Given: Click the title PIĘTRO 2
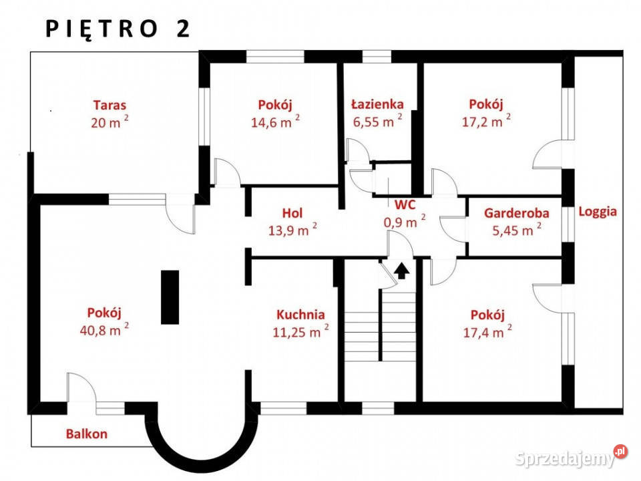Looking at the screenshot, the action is tap(118, 29).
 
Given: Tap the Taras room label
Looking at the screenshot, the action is tap(110, 105).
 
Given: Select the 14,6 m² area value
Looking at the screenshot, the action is tap(275, 121).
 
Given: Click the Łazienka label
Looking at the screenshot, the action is tap(378, 104).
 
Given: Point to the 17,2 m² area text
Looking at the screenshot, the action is tap(486, 121).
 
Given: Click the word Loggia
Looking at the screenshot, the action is tap(598, 212).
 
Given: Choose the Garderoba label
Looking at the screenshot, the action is tap(517, 213).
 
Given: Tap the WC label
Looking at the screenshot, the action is tap(405, 204).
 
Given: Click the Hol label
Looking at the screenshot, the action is tap(292, 213).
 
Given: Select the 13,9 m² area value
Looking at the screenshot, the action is tap(292, 230).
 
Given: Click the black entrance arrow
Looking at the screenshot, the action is tap(401, 271).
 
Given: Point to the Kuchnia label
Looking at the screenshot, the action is tap(301, 315).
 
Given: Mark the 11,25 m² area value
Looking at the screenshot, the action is tap(301, 331).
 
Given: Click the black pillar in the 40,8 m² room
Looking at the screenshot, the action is tap(170, 297).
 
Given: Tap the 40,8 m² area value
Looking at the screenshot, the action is tap(104, 329).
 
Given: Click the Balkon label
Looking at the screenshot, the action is tap(87, 434).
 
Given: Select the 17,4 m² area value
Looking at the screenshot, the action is tap(487, 332).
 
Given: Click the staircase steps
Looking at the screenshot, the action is tap(380, 326).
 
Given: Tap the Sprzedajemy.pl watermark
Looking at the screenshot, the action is tap(571, 457).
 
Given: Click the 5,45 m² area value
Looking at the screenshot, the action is tap(517, 230).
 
